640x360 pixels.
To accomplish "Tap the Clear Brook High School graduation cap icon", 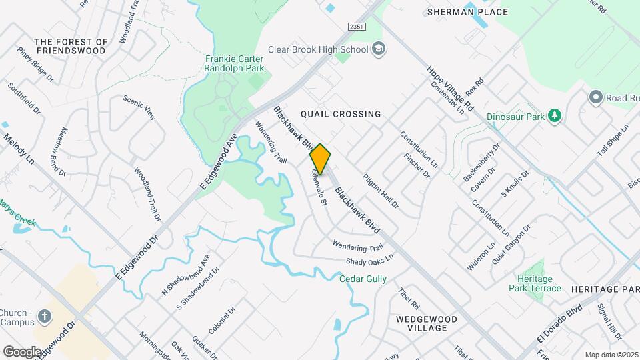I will (379, 49).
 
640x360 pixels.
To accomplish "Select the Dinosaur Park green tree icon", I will (554, 116).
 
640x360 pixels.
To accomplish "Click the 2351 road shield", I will (357, 25).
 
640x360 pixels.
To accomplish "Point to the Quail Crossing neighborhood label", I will (341, 114).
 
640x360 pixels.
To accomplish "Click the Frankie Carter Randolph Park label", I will (235, 63).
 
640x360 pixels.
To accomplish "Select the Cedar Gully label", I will (363, 279).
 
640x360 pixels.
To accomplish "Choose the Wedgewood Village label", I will (427, 324).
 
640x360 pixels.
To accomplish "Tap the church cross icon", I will (45, 316).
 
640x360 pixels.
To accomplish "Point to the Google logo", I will (22, 351).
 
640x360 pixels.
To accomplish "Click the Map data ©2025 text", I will (611, 355).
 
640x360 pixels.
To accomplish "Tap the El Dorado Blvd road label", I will (559, 325).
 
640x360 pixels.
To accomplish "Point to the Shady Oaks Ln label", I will (370, 258).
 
